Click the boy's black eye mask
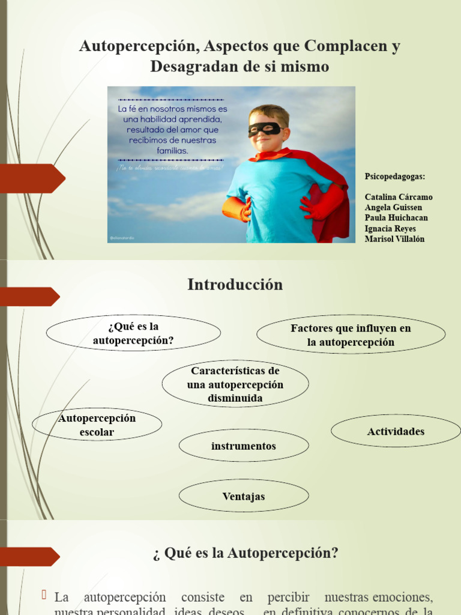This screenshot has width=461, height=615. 265,129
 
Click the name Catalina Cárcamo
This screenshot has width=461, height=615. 398,197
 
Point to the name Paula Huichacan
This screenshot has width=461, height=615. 396,218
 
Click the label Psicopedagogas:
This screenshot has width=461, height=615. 395,177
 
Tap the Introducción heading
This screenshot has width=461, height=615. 235,285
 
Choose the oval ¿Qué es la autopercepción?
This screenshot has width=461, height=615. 133,334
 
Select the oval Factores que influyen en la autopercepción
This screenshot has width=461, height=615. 351,335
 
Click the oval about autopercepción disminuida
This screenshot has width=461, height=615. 235,384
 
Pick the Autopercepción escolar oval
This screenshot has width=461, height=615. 97,425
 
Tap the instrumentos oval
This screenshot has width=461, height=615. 243,446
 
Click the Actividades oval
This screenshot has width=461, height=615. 396,431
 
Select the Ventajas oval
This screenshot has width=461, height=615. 243,497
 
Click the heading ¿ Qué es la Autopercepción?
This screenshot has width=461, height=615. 245,553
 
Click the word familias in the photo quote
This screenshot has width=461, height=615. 172,151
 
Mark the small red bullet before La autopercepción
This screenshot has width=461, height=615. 44,595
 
